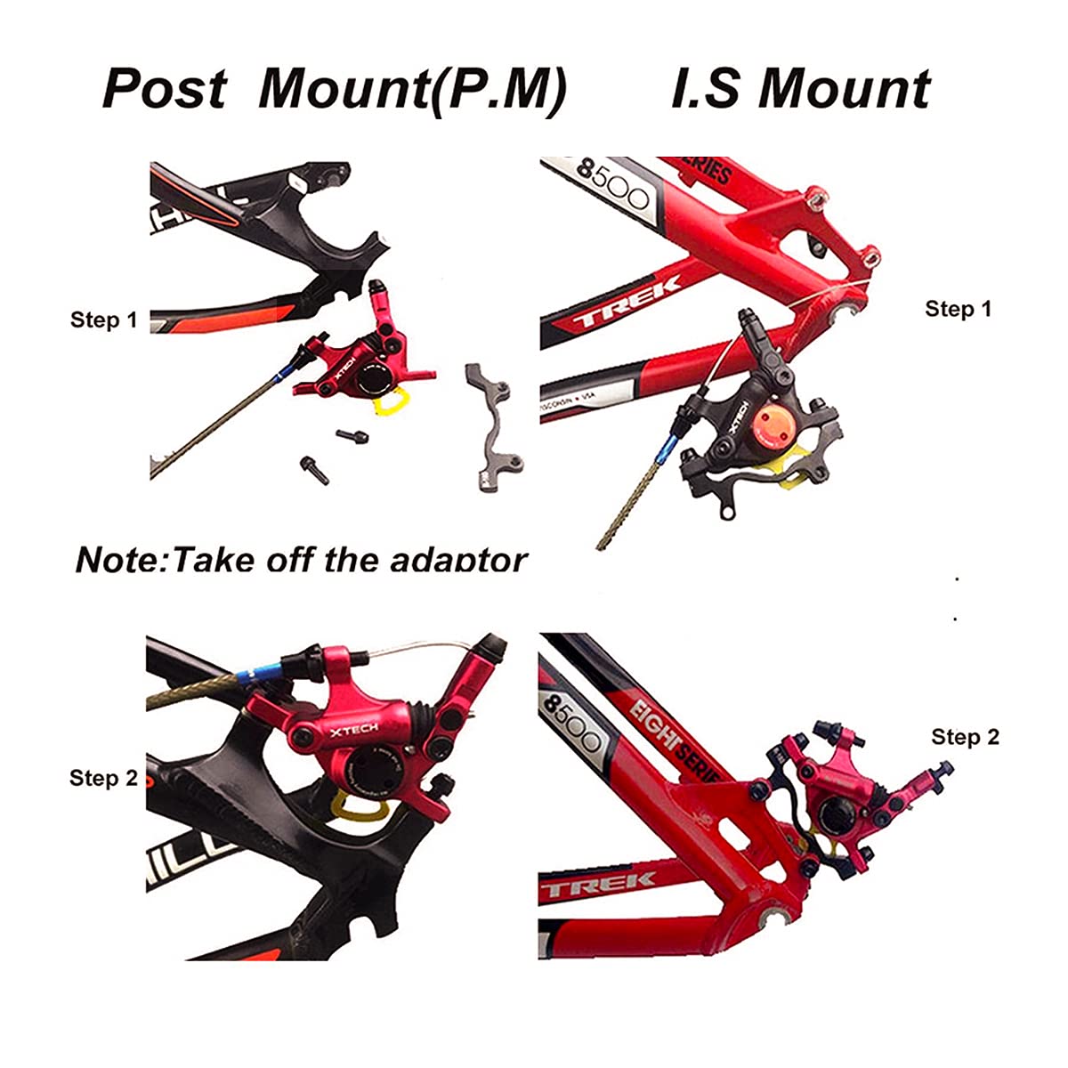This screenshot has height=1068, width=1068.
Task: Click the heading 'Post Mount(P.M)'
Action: click(x=334, y=89)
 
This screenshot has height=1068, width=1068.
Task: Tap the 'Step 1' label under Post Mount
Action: click(x=104, y=320)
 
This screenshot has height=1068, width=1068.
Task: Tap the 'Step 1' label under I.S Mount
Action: click(x=958, y=309)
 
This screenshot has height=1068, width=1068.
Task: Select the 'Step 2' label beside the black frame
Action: click(x=103, y=778)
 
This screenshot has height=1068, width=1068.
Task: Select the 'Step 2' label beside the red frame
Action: click(x=965, y=737)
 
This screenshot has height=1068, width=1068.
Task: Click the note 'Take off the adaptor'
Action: click(x=302, y=560)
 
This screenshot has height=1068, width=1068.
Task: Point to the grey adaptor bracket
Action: click(x=495, y=418)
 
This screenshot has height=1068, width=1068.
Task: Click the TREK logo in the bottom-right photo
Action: click(x=597, y=885)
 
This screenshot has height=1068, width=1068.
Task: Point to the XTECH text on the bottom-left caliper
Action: click(x=354, y=730)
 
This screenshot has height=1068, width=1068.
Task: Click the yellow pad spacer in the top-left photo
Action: click(x=396, y=402)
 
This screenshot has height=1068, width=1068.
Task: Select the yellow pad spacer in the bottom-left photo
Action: click(x=352, y=807)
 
